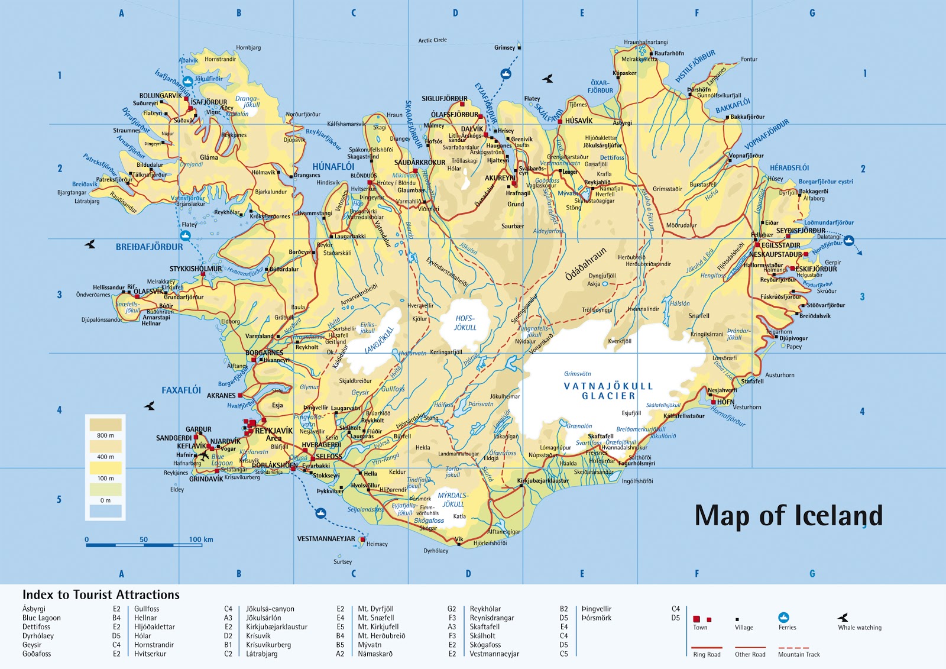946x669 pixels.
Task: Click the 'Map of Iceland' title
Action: (788, 515)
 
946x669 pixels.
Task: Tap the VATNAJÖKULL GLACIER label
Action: (608, 391)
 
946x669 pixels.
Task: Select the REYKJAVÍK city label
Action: (274, 431)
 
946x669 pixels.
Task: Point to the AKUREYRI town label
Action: (500, 178)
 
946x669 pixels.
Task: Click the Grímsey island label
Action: (504, 48)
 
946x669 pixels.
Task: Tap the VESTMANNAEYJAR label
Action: (326, 539)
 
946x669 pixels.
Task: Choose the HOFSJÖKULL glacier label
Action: (465, 323)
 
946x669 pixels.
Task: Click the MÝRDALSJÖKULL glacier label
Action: (453, 500)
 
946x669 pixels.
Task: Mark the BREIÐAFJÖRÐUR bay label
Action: (149, 247)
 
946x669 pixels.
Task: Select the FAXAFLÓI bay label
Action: (181, 390)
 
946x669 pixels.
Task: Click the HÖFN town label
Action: (725, 402)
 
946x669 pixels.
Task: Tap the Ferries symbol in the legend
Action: (784, 618)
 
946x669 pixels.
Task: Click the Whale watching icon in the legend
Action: (843, 617)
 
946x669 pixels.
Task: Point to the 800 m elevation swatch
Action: (105, 425)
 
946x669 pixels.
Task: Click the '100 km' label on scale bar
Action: (200, 539)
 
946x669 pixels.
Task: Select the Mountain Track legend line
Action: (798, 648)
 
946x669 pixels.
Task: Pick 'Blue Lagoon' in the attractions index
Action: (41, 618)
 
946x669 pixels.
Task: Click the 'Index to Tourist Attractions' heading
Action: (101, 595)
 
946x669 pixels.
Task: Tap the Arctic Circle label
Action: (432, 40)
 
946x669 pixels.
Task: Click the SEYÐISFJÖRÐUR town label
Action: (800, 231)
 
